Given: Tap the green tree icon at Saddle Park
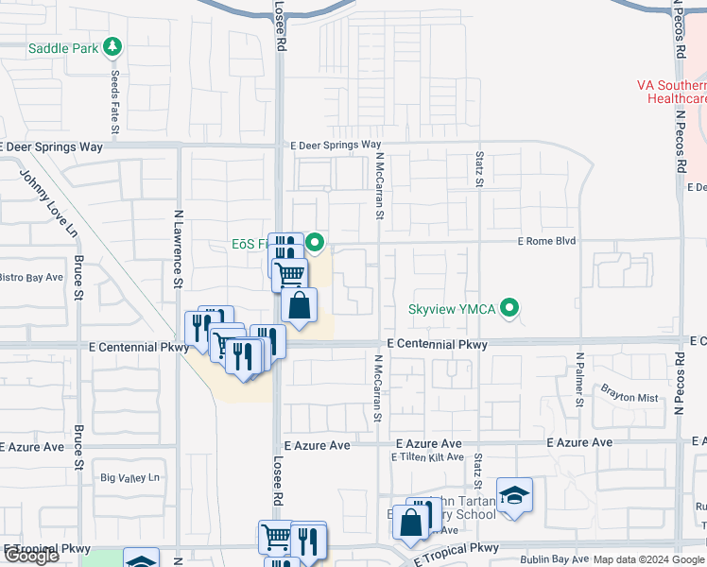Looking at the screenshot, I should pos(113,46).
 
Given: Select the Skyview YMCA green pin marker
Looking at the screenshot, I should pos(510,308).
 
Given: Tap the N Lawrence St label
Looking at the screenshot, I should pos(177,248).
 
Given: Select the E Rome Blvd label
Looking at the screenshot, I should pos(546,242).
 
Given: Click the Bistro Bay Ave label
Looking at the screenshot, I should pos(31,278).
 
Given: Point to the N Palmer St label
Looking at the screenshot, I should pos(579,381).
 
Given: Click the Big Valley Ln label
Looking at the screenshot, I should pos(131,478).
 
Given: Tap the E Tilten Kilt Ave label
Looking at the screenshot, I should pos(427,457).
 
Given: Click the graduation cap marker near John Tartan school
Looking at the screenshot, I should pos(514,495).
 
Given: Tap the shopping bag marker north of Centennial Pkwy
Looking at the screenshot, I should pos(299,306).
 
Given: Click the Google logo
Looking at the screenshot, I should pos(31,556).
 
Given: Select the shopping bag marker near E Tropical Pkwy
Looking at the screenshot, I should pos(411,524).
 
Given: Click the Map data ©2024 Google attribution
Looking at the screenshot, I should pos(649,559).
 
